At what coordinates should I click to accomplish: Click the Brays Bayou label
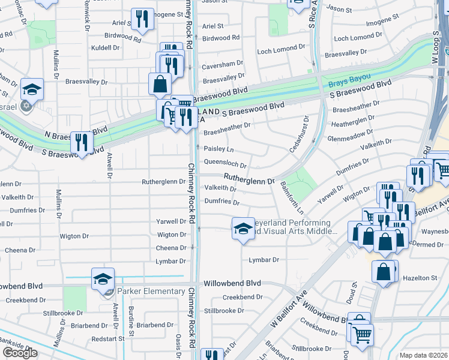coord(349,79)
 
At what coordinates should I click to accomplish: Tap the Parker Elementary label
coord(151,292)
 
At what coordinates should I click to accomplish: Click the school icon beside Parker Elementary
coord(103,279)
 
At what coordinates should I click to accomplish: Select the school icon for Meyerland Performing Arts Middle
coord(243,228)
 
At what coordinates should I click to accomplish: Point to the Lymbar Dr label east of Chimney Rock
coord(264,260)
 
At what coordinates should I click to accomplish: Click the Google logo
coord(20,353)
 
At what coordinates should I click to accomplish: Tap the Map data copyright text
coord(424,355)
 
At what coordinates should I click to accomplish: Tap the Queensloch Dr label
coord(226,163)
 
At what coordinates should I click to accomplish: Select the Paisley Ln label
coord(218,148)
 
